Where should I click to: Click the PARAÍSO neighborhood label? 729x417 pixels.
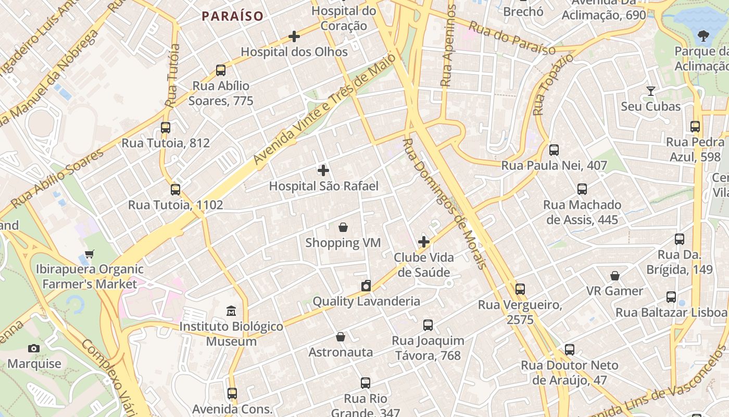[x=233, y=16]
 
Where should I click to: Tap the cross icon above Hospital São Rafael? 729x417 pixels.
[x=323, y=170]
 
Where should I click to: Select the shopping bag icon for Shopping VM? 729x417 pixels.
[x=343, y=227]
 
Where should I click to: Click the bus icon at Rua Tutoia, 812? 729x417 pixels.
[x=166, y=127]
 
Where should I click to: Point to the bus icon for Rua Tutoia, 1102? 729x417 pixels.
[x=175, y=189]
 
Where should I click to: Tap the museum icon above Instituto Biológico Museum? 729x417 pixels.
[x=231, y=311]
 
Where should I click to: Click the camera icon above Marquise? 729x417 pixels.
[x=34, y=348]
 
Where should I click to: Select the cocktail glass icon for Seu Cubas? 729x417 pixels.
[x=650, y=91]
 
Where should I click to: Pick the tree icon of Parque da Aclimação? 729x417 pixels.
[x=703, y=36]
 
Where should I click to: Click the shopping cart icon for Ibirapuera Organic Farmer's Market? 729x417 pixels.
[x=90, y=254]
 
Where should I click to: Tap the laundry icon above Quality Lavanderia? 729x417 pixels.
[x=366, y=286]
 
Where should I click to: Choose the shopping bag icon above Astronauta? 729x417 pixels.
[x=341, y=337]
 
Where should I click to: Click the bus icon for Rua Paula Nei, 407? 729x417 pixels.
[x=554, y=150]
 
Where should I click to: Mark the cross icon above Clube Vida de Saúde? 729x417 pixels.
[x=424, y=242]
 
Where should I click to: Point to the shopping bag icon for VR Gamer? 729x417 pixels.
[x=615, y=275]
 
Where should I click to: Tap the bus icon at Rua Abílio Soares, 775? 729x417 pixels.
[x=221, y=70]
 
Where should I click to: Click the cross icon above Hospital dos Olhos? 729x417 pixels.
[x=294, y=36]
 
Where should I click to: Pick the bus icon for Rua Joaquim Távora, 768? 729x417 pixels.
[x=428, y=325]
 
